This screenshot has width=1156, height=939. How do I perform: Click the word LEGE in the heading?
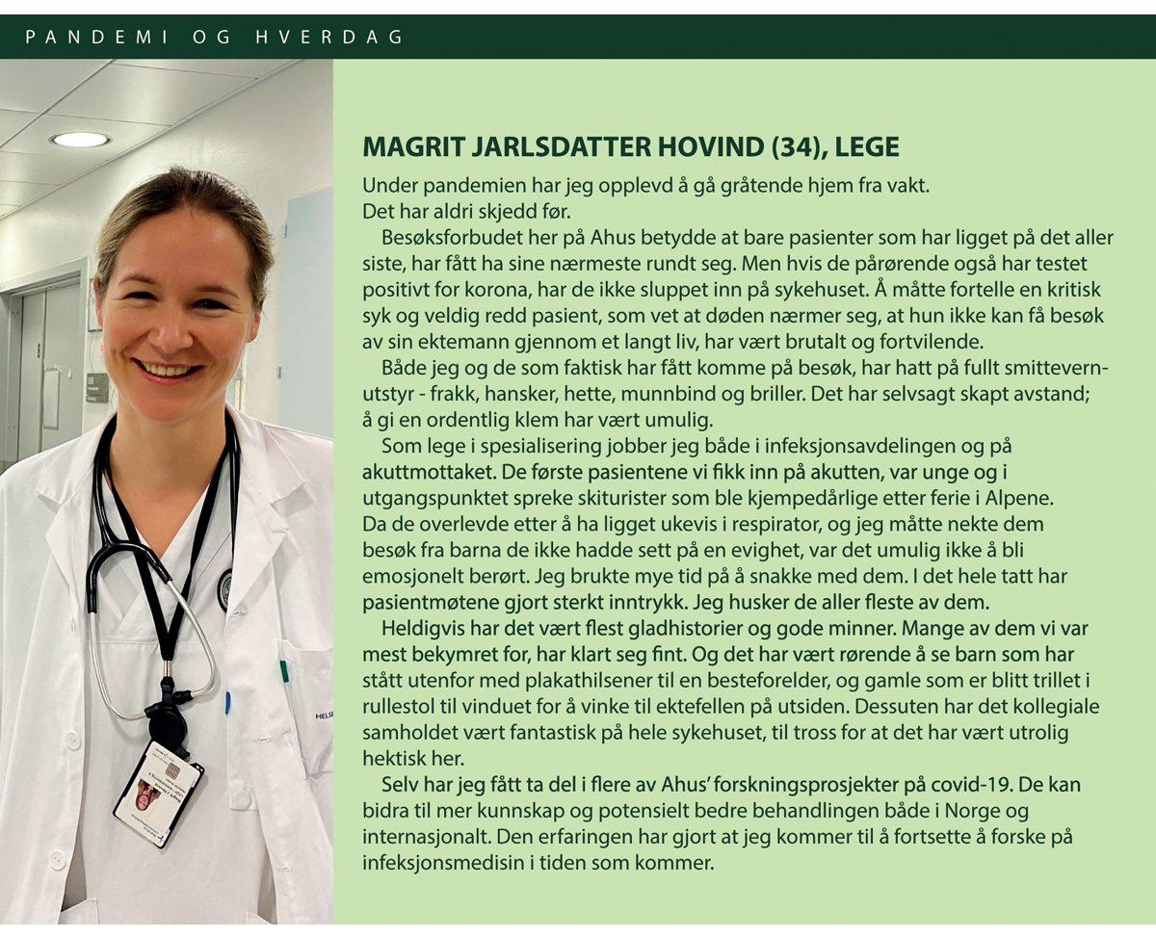(x=867, y=146)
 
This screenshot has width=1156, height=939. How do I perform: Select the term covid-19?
(x=1005, y=784)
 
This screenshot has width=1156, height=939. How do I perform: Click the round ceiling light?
(x=80, y=140)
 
